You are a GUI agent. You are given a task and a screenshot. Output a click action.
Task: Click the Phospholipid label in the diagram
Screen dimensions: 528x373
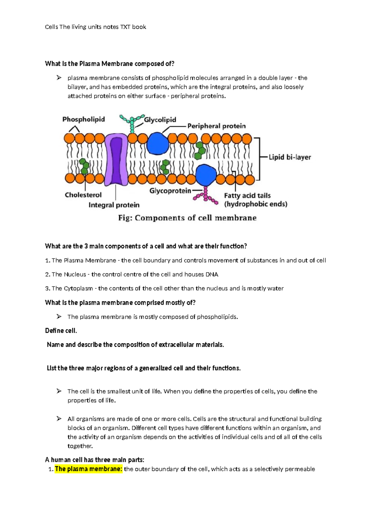point(83,119)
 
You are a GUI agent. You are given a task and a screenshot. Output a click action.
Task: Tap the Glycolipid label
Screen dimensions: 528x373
point(160,120)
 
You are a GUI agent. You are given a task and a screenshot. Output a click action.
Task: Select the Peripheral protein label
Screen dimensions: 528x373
point(216,126)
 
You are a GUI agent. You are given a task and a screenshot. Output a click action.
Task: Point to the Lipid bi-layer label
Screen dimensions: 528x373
point(290,157)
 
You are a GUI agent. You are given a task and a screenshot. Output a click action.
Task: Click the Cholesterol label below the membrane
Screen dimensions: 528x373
point(83,195)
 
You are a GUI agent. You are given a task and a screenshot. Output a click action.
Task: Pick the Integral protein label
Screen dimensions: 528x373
point(114,205)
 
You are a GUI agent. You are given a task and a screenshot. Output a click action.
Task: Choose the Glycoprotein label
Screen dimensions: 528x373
point(170,191)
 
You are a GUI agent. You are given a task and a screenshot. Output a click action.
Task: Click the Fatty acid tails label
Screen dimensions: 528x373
point(247,196)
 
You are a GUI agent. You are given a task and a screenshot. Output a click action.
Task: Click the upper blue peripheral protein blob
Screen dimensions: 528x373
point(158,144)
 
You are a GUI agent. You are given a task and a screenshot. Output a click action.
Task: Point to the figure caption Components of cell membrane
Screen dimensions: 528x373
point(187,218)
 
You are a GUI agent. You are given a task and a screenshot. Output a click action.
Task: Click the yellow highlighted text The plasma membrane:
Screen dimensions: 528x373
point(89,469)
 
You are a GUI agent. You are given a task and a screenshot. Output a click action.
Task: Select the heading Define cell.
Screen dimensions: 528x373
point(61,331)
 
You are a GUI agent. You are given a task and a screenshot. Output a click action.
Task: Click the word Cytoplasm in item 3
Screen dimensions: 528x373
point(78,288)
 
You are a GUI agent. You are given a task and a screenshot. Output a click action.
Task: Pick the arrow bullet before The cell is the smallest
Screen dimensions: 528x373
point(59,391)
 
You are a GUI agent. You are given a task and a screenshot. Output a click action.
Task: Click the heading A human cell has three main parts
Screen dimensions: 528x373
point(94,460)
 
